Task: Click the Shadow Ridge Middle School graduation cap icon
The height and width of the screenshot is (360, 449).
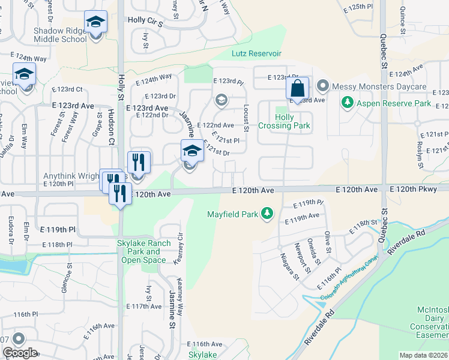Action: [x=95, y=23]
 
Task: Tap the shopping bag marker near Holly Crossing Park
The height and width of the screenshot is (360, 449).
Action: [x=297, y=89]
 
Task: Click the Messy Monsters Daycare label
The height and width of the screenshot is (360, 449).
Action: [x=379, y=87]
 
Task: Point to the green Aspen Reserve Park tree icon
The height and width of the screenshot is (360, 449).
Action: [x=346, y=103]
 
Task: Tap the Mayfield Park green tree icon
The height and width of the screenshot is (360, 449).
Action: [x=267, y=214]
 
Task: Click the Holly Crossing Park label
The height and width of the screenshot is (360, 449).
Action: [x=285, y=121]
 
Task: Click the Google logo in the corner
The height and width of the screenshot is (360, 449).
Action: [x=20, y=353]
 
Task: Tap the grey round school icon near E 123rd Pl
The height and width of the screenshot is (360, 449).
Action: [x=221, y=100]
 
